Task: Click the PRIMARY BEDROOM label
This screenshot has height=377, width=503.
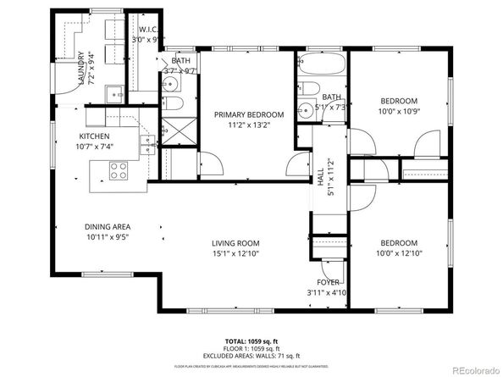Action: (248, 114)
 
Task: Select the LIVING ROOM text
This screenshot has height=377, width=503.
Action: (235, 244)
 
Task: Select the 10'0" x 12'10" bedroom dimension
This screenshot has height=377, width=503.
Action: (398, 252)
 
